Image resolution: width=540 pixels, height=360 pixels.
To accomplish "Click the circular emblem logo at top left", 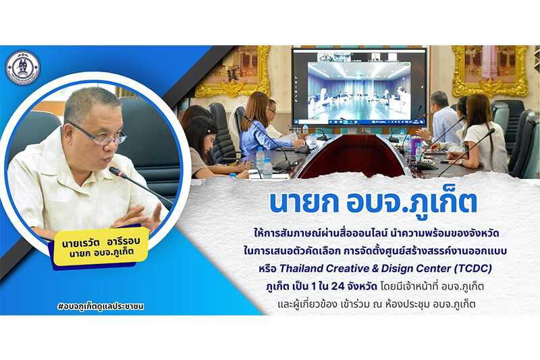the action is (23, 67).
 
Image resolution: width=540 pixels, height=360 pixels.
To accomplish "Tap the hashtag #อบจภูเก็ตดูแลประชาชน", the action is (101, 306).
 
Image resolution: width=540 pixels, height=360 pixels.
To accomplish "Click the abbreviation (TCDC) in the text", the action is (473, 268).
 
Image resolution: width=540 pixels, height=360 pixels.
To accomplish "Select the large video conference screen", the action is (359, 87).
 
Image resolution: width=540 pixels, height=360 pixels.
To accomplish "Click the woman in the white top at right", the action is (482, 134).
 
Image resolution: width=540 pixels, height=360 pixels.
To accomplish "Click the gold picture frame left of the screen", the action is (234, 71).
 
